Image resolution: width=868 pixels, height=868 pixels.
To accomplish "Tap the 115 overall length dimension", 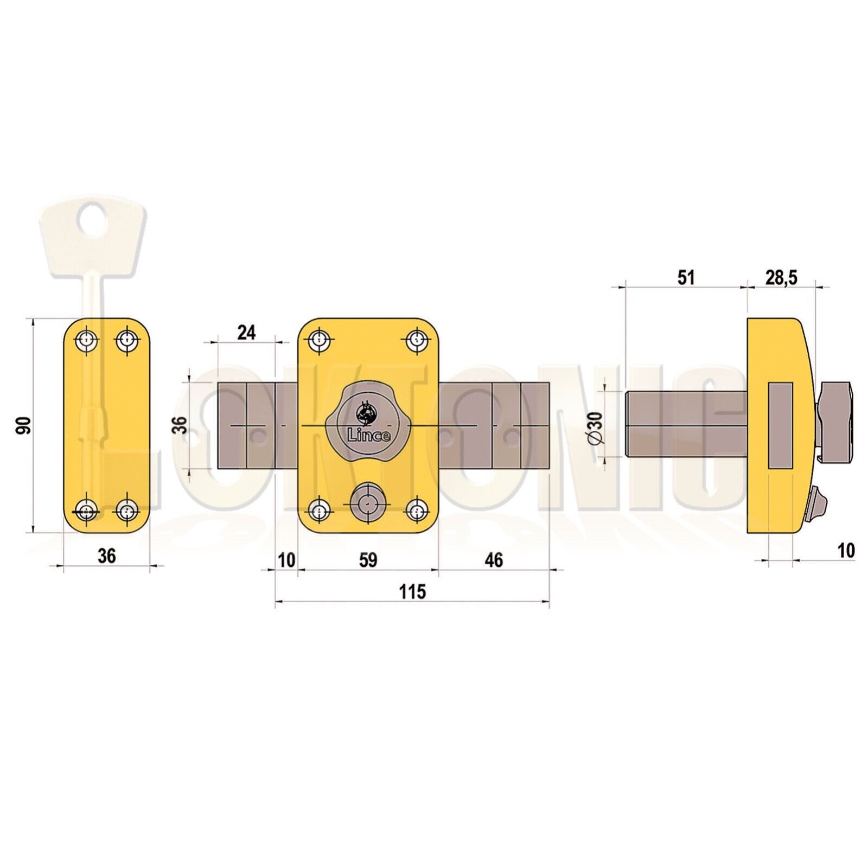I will click(412, 592).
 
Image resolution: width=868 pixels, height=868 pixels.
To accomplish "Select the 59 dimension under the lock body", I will click(368, 560).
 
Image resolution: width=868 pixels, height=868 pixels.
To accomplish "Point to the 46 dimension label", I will click(493, 560).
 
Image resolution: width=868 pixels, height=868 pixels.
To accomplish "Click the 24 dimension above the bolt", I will click(246, 332).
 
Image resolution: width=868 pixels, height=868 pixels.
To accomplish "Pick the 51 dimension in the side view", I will click(686, 277).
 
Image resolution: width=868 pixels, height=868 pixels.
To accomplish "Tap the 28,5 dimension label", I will click(781, 277).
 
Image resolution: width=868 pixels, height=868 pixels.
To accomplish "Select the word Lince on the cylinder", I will click(368, 435).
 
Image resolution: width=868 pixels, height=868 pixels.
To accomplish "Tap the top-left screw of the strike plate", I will click(86, 341).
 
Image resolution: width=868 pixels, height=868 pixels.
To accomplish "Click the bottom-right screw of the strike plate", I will click(126, 510).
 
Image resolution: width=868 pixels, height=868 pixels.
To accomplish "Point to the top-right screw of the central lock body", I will click(417, 340).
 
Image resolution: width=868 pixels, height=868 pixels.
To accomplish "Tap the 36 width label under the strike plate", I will click(107, 556).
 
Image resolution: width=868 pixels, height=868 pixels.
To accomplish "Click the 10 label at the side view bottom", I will click(846, 551).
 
